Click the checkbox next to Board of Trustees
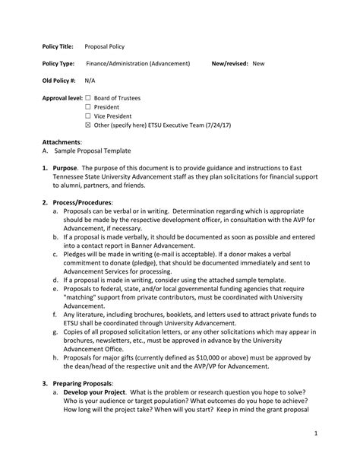tap(88, 98)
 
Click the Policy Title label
tap(58, 46)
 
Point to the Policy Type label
tap(58, 64)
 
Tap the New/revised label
tap(229, 64)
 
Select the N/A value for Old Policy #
tap(90, 81)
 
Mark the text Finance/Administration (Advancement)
tap(137, 64)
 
